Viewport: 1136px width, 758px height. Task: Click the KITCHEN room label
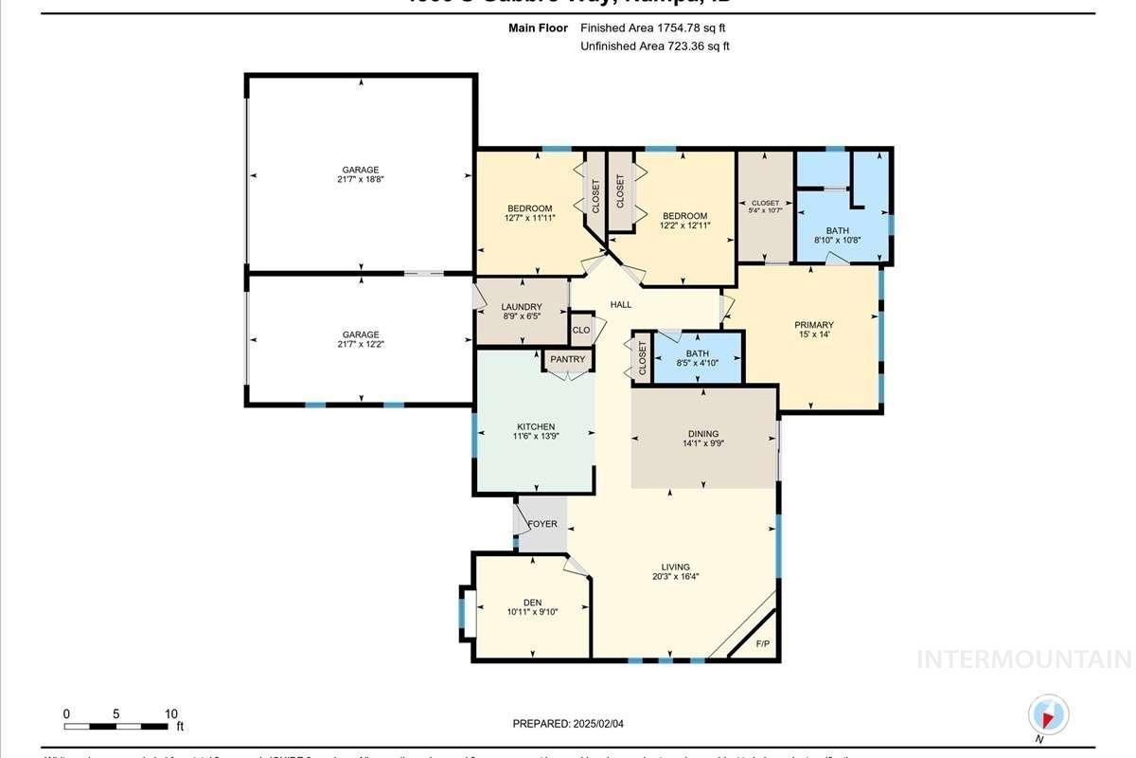(536, 426)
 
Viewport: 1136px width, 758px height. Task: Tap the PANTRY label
(568, 360)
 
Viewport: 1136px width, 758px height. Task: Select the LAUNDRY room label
(521, 307)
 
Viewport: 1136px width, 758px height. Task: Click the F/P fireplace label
(762, 645)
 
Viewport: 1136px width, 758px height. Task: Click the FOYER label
(542, 524)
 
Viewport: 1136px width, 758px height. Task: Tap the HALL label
(621, 304)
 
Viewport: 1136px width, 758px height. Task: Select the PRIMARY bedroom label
(813, 326)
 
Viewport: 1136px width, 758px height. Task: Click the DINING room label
(702, 434)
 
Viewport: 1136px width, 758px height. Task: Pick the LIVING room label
(675, 566)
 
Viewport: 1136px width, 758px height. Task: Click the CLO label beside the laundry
(581, 331)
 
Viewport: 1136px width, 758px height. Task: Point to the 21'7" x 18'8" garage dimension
(361, 179)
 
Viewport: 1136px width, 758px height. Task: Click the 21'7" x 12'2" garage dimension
(361, 345)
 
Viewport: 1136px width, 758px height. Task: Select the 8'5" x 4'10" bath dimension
(697, 364)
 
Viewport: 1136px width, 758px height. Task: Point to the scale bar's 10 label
(171, 713)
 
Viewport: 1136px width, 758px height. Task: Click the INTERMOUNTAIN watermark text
(1025, 659)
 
